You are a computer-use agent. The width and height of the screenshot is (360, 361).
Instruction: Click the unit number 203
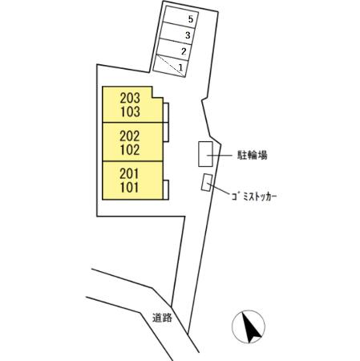pos(130,98)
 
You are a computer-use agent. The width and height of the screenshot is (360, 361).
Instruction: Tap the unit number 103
pos(130,112)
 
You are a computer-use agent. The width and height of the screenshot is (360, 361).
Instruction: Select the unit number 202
pos(130,136)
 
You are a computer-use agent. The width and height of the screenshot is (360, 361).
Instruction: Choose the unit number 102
pos(130,150)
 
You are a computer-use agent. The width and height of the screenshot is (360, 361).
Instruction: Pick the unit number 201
pos(129,174)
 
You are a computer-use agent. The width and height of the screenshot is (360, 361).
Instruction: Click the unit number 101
pos(129,188)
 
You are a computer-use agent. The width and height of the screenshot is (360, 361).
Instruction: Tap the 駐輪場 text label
pos(253,155)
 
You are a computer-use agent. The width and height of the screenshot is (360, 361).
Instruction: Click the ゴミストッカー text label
pos(254,197)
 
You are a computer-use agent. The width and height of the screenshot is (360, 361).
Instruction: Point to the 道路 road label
pos(162,318)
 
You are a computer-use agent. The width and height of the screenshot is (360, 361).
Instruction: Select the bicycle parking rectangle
pos(205,154)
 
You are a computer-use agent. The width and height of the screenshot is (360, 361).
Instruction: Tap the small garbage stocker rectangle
pos(207,183)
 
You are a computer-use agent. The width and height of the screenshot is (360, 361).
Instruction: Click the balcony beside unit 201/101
pos(166,190)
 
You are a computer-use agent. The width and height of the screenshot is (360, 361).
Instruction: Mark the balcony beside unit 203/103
pos(166,113)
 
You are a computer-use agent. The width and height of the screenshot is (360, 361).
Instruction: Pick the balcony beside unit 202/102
pos(166,132)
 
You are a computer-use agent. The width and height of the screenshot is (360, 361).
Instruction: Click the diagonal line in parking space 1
pos(171,66)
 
